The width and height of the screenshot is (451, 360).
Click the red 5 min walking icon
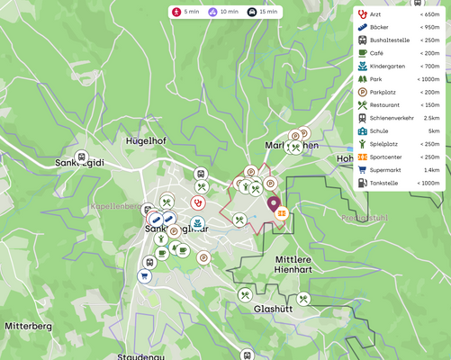tap(176, 12)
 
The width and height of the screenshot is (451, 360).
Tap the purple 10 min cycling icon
tap(213, 12)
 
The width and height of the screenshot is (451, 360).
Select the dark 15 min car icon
tap(252, 12)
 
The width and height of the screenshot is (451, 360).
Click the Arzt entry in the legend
tap(375, 14)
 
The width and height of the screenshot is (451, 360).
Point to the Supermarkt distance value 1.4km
tap(431, 169)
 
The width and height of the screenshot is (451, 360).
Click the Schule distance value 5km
tap(434, 130)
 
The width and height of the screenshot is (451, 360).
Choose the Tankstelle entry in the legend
tap(384, 183)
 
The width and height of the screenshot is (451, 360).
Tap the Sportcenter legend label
tap(388, 157)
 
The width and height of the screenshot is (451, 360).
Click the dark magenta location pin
tap(274, 204)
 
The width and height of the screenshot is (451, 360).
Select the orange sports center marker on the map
tap(283, 213)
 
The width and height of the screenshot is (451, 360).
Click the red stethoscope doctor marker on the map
tap(197, 203)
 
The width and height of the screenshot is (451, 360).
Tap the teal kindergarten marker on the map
tap(198, 222)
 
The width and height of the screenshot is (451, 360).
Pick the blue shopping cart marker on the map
tap(144, 276)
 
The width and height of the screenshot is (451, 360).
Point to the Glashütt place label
tap(273, 308)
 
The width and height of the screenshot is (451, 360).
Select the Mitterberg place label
tap(29, 326)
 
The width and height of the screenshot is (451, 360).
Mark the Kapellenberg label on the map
tap(115, 206)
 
